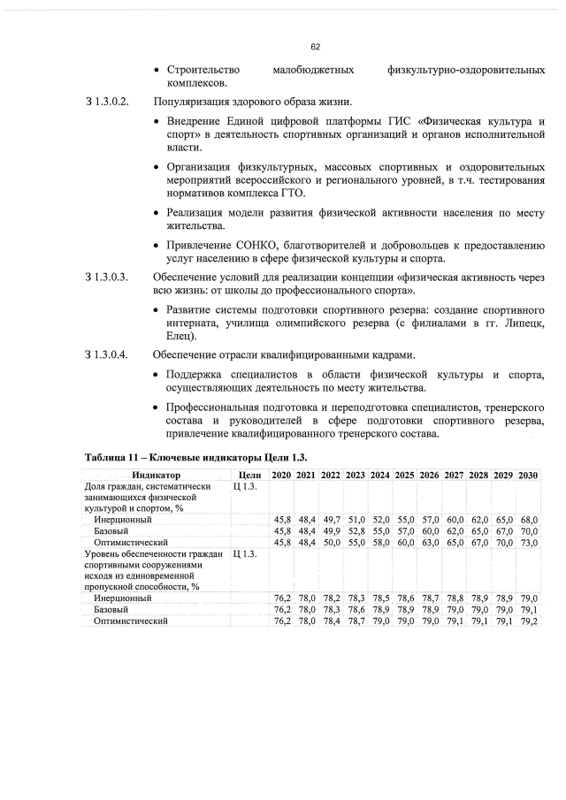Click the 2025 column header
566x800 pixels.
[x=405, y=476]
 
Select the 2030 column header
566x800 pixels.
[x=529, y=476]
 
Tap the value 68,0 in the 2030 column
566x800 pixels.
[x=529, y=519]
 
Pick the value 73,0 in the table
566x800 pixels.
[x=529, y=541]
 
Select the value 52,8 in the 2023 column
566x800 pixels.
[x=356, y=530]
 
